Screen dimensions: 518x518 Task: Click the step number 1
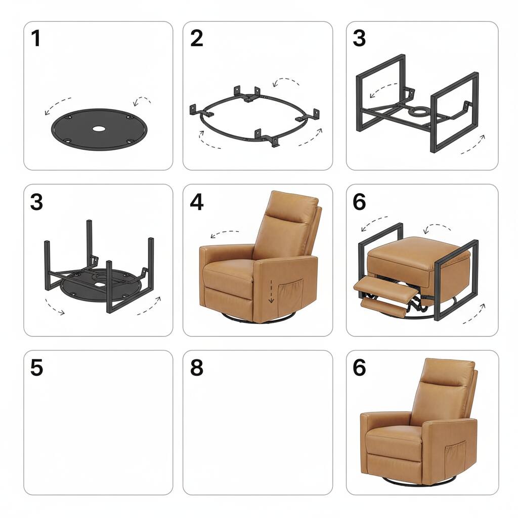pyautogui.click(x=35, y=38)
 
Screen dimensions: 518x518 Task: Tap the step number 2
pyautogui.click(x=196, y=38)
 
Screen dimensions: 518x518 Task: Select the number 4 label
pyautogui.click(x=196, y=202)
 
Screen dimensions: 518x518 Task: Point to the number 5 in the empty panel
pyautogui.click(x=36, y=368)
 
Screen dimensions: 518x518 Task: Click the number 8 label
pyautogui.click(x=196, y=368)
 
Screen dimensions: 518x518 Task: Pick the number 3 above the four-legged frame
pyautogui.click(x=36, y=202)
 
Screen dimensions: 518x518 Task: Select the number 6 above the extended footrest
pyautogui.click(x=359, y=202)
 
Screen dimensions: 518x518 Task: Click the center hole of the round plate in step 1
pyautogui.click(x=97, y=128)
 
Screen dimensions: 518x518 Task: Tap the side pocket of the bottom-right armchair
pyautogui.click(x=455, y=455)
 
